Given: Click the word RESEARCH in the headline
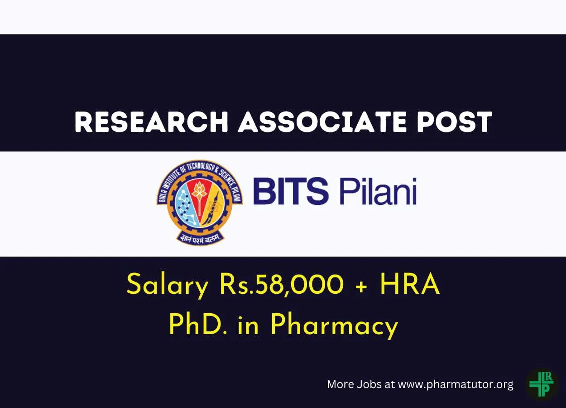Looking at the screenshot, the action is coord(152,121).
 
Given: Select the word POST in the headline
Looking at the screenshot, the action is coord(455,121).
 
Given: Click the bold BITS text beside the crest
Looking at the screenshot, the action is coord(291,191).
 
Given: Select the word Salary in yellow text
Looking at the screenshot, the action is coord(168,285).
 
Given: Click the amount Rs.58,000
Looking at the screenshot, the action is coord(282,285).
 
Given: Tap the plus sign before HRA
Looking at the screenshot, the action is coord(363,287).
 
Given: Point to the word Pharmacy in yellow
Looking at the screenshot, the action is coord(334,326).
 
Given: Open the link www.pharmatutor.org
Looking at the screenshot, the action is coord(456,385).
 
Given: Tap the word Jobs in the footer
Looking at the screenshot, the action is coord(369,384).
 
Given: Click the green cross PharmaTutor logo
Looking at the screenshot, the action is coord(542,384).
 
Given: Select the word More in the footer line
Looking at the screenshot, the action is coord(341,384).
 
